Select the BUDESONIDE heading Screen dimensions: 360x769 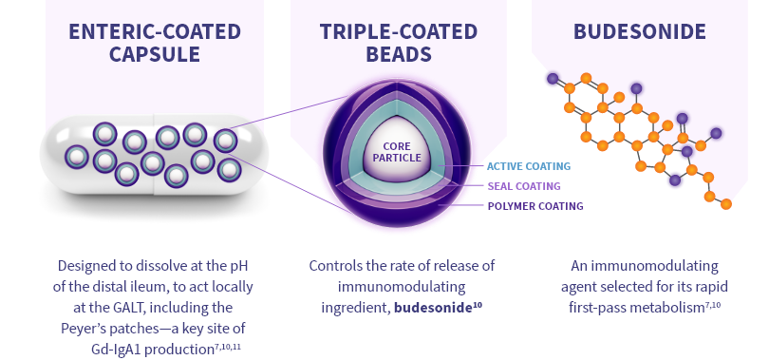639,32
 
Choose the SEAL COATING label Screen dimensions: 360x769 523,186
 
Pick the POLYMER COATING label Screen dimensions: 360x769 535,206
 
